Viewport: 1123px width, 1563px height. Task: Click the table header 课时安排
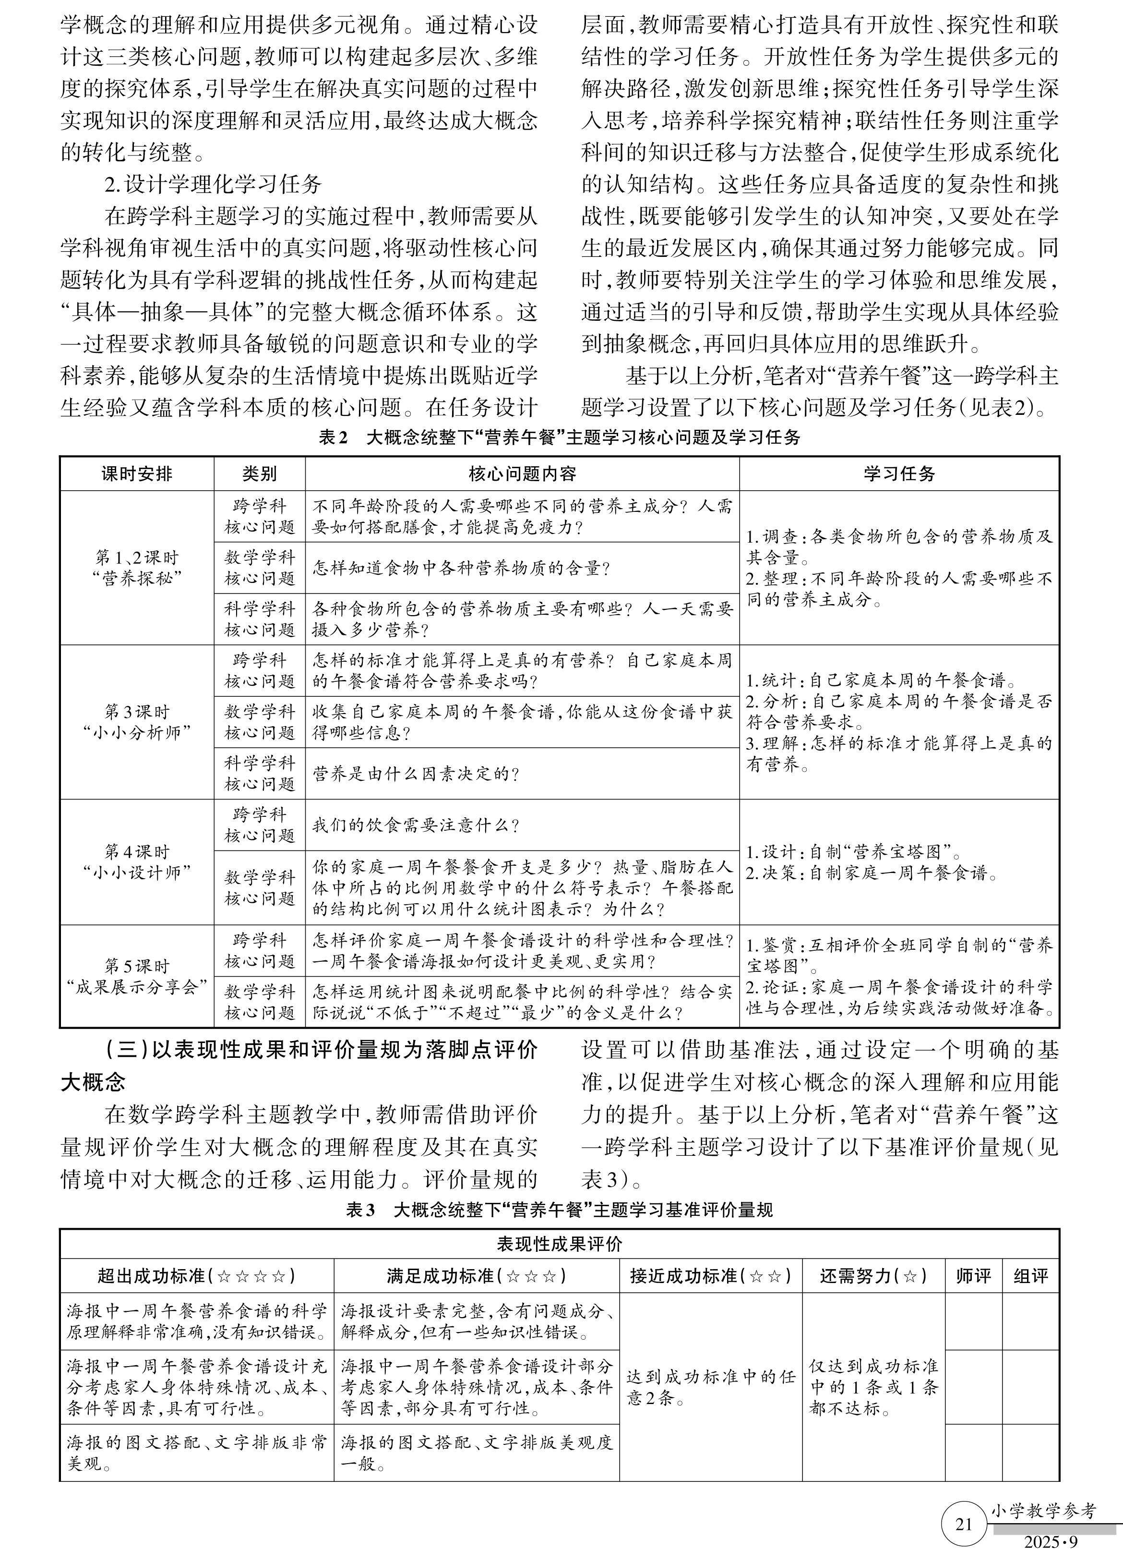point(136,474)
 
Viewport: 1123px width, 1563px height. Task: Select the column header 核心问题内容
point(522,474)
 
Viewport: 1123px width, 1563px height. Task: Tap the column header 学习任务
point(899,474)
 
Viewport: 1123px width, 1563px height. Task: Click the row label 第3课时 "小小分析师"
point(136,722)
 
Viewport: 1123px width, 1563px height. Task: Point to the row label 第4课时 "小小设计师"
point(136,861)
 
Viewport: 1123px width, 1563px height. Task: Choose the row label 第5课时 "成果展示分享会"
point(136,976)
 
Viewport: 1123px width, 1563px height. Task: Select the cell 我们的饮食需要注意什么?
point(416,825)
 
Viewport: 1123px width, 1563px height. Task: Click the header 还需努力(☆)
point(872,1276)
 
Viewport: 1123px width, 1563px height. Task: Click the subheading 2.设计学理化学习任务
point(213,184)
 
